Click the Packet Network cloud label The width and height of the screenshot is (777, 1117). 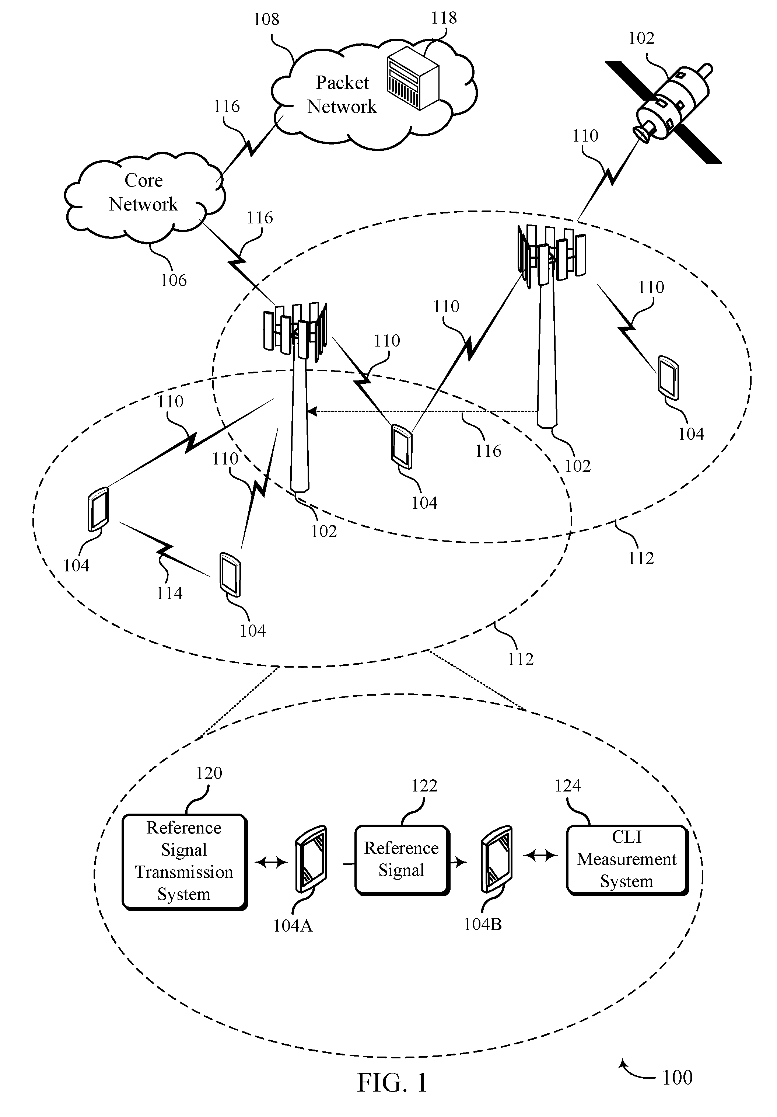pyautogui.click(x=342, y=94)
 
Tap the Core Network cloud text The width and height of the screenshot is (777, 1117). pyautogui.click(x=143, y=192)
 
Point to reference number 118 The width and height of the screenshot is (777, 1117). pyautogui.click(x=444, y=18)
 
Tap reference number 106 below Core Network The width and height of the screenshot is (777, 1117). pyautogui.click(x=174, y=280)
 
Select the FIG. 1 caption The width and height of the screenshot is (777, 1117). pyautogui.click(x=392, y=1083)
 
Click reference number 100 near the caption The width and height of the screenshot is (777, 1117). pyautogui.click(x=677, y=1078)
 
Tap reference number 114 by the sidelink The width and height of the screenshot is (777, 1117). pyautogui.click(x=169, y=593)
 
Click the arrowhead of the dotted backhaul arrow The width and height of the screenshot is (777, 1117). pyautogui.click(x=312, y=411)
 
